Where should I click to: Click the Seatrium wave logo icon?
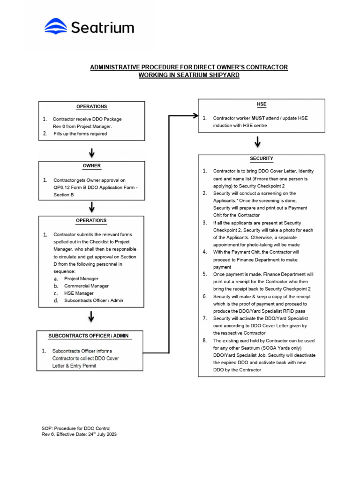click(x=56, y=26)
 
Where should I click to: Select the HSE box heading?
click(x=262, y=104)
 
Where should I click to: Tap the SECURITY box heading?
click(x=262, y=158)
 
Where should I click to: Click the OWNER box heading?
click(x=92, y=166)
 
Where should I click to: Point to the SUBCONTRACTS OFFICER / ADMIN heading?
click(x=89, y=336)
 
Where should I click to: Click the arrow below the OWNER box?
click(x=92, y=206)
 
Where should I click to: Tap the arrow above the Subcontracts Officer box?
click(x=92, y=317)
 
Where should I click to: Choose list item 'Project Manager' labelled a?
click(x=81, y=278)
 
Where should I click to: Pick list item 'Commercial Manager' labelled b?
click(x=86, y=286)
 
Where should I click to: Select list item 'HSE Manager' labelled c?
click(x=79, y=293)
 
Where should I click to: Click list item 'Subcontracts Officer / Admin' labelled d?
click(x=93, y=300)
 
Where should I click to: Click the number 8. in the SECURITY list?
click(x=204, y=340)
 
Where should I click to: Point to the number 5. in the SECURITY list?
click(x=204, y=274)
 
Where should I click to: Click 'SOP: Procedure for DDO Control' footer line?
click(x=76, y=428)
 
